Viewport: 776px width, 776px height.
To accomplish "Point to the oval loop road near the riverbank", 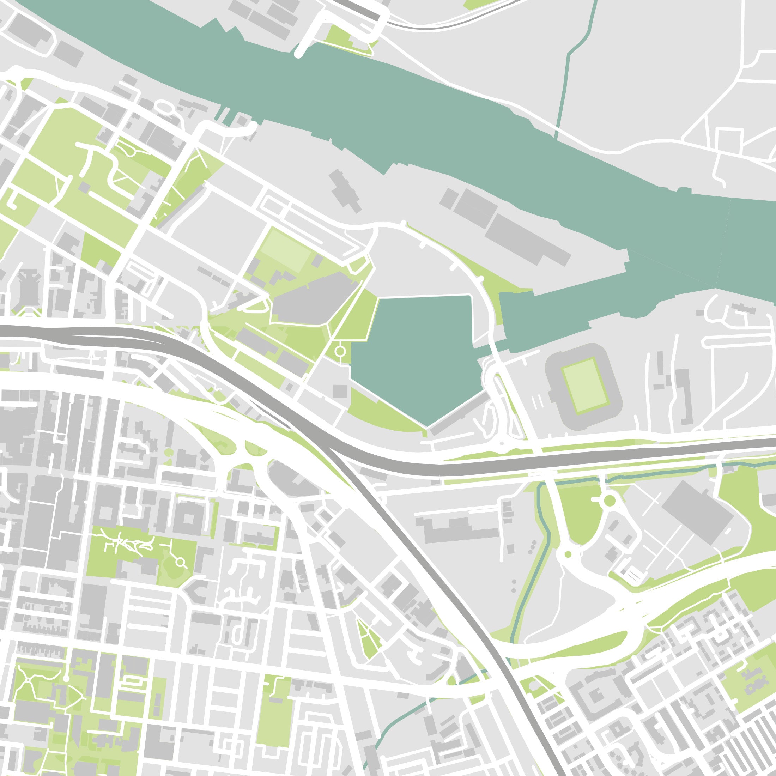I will pyautogui.click(x=164, y=108).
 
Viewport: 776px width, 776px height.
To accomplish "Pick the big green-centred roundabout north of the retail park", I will pyautogui.click(x=609, y=501).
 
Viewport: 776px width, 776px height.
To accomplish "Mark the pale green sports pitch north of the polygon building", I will pyautogui.click(x=285, y=250).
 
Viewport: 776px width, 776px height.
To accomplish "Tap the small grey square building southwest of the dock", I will pyautogui.click(x=340, y=391).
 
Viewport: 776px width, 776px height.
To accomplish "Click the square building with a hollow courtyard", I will pyautogui.click(x=188, y=519).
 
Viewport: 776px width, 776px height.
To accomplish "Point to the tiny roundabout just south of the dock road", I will pyautogui.click(x=502, y=444).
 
